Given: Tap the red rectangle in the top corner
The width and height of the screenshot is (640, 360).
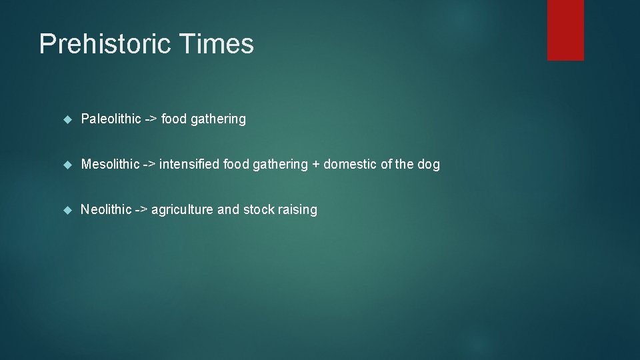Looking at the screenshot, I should click(565, 30).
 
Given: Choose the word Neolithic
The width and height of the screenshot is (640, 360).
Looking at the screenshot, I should click(106, 210).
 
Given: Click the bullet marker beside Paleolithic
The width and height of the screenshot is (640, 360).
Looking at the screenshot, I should click(67, 120).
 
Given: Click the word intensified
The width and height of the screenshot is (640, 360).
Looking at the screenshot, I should click(189, 165).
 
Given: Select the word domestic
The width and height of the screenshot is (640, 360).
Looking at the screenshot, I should click(349, 165).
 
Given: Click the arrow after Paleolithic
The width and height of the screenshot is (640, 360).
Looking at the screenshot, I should click(151, 119).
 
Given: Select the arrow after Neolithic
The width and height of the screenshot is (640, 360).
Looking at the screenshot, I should click(141, 210).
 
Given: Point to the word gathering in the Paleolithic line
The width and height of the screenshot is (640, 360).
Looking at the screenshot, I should click(218, 120).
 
